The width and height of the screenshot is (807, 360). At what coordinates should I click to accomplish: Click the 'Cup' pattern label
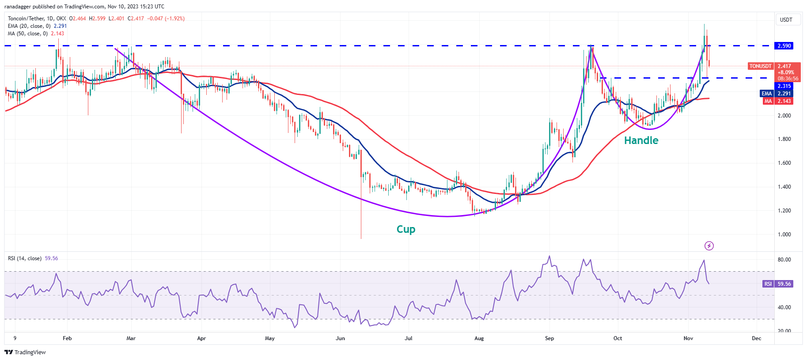tap(405, 229)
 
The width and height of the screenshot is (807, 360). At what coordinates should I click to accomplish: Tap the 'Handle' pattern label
tap(641, 140)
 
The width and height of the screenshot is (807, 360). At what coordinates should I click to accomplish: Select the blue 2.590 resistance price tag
tap(784, 46)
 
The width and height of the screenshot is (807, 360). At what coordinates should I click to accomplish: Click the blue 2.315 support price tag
tap(784, 86)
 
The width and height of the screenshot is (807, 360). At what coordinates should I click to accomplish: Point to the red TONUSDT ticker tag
tap(760, 66)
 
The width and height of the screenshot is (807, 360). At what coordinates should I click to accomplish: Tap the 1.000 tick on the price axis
tap(784, 235)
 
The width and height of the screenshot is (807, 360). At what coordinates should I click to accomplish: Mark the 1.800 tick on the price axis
tap(784, 139)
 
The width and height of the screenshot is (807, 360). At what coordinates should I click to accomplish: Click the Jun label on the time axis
tap(340, 338)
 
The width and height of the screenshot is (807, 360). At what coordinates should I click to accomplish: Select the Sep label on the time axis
tap(549, 338)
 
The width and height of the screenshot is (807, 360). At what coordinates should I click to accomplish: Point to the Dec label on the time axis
tap(756, 338)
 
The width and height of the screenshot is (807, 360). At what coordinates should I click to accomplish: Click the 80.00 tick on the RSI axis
tap(784, 260)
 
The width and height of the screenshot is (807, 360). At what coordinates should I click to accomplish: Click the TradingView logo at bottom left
tap(25, 352)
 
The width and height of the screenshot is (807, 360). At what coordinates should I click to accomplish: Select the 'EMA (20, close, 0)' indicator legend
tap(29, 26)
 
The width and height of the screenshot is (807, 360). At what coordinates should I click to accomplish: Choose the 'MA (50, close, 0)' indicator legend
tap(28, 34)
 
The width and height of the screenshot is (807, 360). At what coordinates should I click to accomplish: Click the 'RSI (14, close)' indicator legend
tap(25, 258)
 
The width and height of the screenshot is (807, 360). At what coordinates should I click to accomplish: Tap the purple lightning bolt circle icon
tap(709, 246)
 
